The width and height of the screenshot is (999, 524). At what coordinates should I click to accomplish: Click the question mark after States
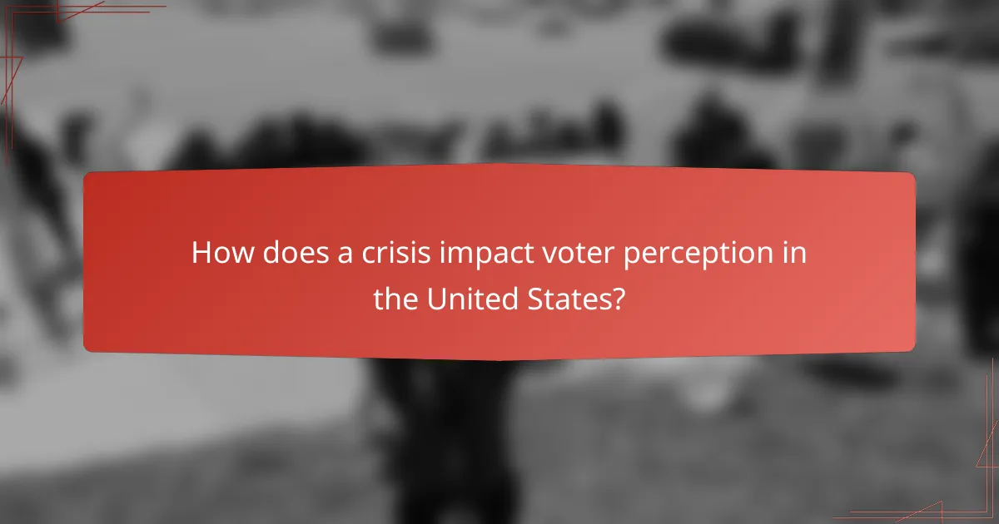617,299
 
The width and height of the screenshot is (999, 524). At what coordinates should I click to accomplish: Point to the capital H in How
201,253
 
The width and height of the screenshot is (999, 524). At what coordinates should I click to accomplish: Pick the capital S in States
534,299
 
